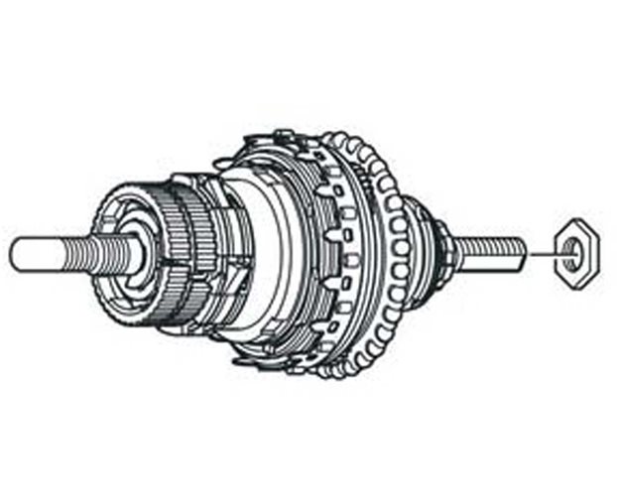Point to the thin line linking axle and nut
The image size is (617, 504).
[542, 254]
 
